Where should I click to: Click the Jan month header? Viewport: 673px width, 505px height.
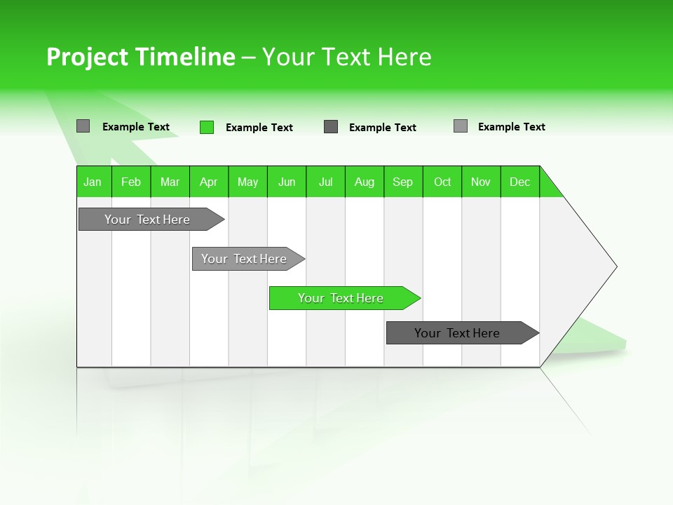click(x=93, y=182)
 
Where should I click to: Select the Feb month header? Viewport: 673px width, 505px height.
click(x=131, y=182)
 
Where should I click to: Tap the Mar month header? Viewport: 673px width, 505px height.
click(x=170, y=182)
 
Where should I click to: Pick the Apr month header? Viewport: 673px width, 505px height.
click(x=209, y=182)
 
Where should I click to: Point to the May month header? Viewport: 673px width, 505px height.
click(x=247, y=182)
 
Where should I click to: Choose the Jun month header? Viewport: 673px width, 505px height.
click(x=287, y=182)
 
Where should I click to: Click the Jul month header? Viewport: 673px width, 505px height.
click(x=325, y=182)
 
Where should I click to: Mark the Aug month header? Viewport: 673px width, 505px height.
click(x=365, y=182)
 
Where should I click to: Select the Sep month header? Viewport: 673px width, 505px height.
click(x=403, y=182)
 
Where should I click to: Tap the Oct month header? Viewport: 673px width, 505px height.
click(x=442, y=182)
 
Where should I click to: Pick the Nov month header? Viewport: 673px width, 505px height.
click(x=481, y=182)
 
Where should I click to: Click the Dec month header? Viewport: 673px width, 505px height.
click(x=520, y=182)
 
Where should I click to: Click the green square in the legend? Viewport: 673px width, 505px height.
click(x=207, y=127)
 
